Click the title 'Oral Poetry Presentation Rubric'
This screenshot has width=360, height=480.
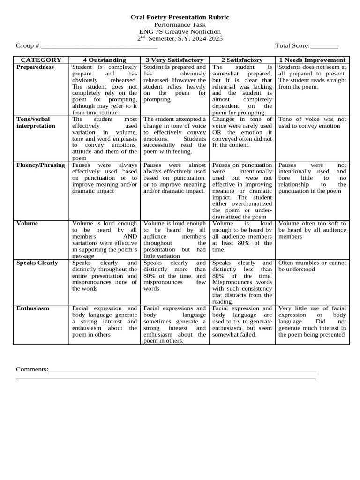180,17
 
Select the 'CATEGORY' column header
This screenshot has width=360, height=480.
41,60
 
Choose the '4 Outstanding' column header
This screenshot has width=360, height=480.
105,60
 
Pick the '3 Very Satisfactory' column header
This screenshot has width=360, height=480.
174,60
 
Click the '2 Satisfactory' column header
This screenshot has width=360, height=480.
242,60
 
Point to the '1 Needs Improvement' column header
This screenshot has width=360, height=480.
312,60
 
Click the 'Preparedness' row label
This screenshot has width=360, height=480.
35,67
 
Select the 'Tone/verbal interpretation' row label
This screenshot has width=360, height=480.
36,122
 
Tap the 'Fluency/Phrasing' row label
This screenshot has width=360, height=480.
41,165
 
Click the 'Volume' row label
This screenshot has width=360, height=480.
27,224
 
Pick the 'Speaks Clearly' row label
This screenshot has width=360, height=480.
37,263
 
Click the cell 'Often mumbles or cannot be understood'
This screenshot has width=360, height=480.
312,266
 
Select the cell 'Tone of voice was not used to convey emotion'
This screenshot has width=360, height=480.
312,122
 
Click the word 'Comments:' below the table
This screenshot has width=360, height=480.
32,369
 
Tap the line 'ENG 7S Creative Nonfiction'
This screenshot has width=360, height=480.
180,31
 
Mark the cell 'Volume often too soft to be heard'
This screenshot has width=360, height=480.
312,230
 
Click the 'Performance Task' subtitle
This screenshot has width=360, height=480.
180,24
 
